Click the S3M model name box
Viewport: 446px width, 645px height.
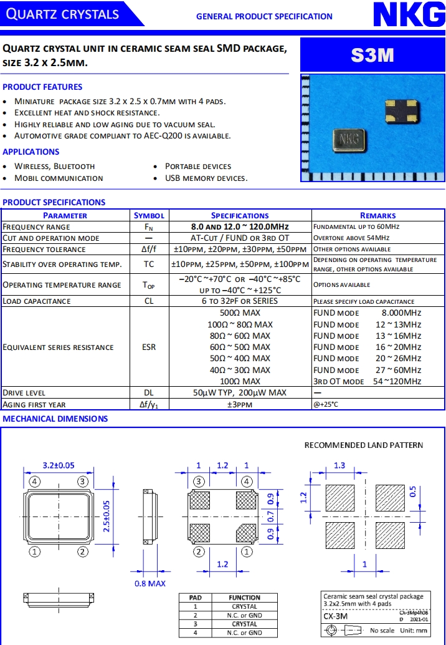(372, 55)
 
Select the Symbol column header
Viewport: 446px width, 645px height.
(149, 215)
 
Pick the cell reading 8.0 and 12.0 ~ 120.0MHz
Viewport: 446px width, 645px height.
(240, 226)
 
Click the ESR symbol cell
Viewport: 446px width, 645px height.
(149, 347)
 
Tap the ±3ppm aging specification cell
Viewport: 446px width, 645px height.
(240, 404)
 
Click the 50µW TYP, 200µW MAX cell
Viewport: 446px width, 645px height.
(240, 393)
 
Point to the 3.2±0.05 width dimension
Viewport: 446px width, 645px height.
(59, 465)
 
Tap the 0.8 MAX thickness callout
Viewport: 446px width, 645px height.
(150, 583)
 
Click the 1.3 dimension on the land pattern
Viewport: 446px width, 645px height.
(339, 465)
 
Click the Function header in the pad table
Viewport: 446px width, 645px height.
(244, 597)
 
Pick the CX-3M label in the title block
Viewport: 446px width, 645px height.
(336, 616)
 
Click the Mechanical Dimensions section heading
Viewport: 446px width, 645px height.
(55, 419)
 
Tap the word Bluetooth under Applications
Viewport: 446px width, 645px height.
(74, 166)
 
